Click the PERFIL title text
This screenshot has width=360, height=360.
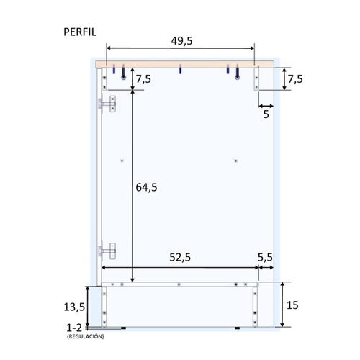click(80, 32)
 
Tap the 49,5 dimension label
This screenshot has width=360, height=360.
click(181, 41)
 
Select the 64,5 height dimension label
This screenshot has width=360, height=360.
click(146, 187)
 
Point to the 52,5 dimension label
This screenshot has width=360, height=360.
click(180, 257)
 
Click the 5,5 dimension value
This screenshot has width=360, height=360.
click(265, 258)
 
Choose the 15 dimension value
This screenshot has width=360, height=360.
click(292, 305)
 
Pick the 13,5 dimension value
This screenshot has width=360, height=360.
click(74, 307)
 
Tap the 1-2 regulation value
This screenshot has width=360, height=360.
click(74, 328)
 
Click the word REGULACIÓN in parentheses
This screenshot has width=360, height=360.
click(86, 336)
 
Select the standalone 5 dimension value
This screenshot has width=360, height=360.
click(266, 114)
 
